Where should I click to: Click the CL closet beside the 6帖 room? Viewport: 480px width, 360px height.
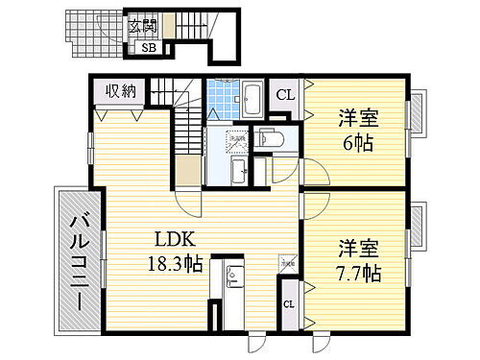point(285,94)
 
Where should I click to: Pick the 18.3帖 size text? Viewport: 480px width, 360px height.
point(172,263)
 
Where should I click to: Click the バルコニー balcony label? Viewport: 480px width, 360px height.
point(78,259)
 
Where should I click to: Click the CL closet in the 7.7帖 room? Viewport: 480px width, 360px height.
point(288,305)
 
